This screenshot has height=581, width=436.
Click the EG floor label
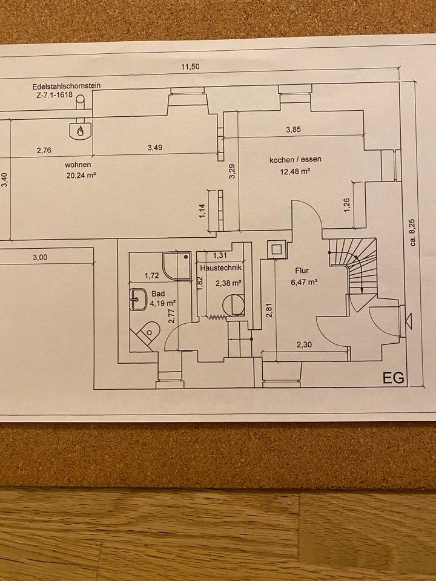(393, 378)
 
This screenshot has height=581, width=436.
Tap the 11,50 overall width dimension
(190, 67)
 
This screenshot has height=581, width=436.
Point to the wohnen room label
(79, 164)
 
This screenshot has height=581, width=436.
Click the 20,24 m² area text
(82, 176)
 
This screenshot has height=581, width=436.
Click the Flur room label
(302, 271)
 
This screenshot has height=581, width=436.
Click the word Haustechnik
(220, 267)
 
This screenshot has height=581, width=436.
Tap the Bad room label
(158, 293)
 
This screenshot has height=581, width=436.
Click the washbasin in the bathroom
(139, 298)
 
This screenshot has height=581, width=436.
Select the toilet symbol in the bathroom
(147, 332)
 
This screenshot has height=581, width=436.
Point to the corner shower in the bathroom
(175, 265)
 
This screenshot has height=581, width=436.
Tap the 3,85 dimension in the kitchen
(292, 130)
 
